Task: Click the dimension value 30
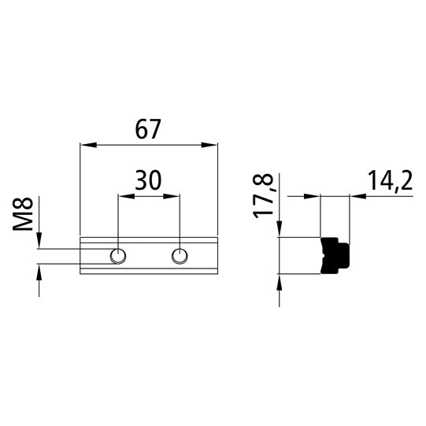tap(148, 180)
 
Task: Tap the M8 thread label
tap(25, 215)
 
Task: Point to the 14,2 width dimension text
tap(390, 182)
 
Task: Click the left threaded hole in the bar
tap(118, 255)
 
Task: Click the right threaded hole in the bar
tap(180, 255)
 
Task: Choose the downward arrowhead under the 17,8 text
tap(280, 231)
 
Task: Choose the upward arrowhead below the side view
tap(280, 279)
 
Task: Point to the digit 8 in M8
tap(25, 206)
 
